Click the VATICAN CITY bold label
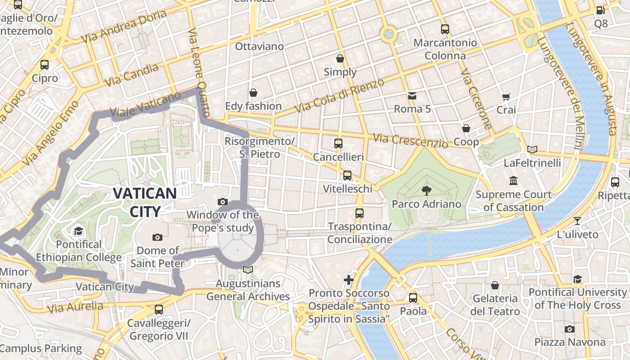pos(144,202)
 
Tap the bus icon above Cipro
pos(44,64)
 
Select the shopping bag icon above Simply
pos(340,58)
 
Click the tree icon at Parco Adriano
pos(426,191)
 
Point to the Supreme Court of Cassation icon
pos(513,181)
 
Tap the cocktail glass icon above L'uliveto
pos(577,220)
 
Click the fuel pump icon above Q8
pos(600,10)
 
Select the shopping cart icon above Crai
pos(506,96)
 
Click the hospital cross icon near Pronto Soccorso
pos(349,280)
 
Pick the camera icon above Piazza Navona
pos(570,329)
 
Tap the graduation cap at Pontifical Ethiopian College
pos(79,231)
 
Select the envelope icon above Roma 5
pos(412,95)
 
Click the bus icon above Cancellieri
pos(338,144)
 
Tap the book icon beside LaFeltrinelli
pos(532,149)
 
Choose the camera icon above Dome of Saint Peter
pos(157,237)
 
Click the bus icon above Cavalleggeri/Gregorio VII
pos(159,310)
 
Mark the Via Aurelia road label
pos(75,307)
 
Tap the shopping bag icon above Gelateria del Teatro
pos(495,285)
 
